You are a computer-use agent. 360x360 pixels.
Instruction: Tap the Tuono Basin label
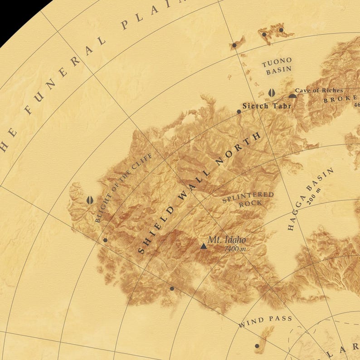pos(276,66)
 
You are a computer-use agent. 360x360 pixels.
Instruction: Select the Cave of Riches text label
pos(319,91)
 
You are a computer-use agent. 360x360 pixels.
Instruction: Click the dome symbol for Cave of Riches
pos(292,96)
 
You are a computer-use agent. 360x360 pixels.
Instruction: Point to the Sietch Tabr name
pos(266,106)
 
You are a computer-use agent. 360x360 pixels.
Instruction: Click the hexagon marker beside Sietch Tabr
pos(239,112)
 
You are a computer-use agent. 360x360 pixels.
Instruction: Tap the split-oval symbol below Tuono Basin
pos(271,92)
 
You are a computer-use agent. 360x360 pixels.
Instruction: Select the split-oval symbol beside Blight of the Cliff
pos(90,200)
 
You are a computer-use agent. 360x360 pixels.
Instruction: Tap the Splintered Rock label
pos(248,199)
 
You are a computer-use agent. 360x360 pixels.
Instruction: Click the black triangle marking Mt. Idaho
pos(204,246)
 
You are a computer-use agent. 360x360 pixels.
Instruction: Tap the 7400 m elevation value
pos(234,249)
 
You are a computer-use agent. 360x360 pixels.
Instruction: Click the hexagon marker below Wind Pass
pos(257,346)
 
